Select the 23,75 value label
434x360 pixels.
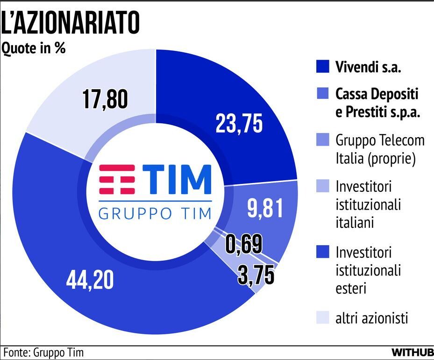point(239,124)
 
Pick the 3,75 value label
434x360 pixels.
point(256,275)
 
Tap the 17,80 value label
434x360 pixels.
point(105,100)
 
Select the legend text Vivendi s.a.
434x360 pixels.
point(369,67)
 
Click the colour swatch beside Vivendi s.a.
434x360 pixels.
point(322,67)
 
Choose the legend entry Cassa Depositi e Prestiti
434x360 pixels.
point(377,103)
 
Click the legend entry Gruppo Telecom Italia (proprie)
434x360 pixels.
point(380,149)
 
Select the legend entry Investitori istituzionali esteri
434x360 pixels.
point(368,270)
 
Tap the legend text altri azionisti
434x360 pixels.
point(372,318)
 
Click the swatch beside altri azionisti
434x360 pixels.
point(322,318)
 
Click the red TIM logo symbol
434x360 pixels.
point(118,179)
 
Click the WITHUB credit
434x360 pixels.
point(413,352)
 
